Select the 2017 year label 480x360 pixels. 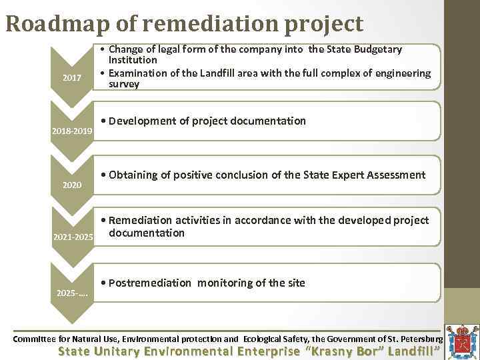(x=72, y=79)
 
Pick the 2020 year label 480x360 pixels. (x=72, y=185)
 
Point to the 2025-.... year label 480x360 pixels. (x=72, y=293)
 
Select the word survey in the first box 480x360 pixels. (x=124, y=84)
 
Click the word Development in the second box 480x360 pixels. (x=143, y=121)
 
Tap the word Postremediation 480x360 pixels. (x=149, y=283)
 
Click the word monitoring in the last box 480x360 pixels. (x=225, y=283)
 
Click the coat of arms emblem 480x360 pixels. (x=461, y=339)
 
